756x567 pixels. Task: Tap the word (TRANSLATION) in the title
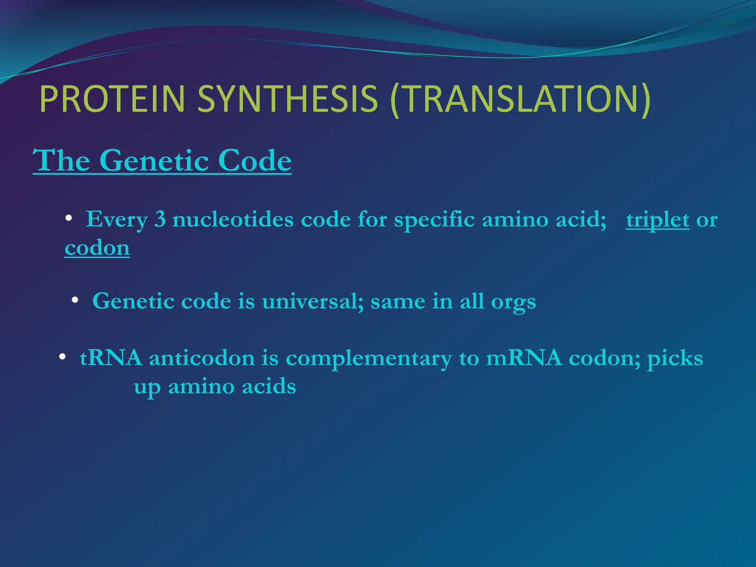click(520, 100)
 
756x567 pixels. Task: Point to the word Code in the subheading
click(255, 161)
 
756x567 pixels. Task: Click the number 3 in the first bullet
click(159, 220)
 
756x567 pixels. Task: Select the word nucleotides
click(233, 220)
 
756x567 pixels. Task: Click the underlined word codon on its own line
click(97, 248)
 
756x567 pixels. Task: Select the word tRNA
click(111, 358)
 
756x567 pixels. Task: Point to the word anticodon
click(202, 358)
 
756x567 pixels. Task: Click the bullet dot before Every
click(68, 219)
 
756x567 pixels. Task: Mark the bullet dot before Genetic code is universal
click(75, 300)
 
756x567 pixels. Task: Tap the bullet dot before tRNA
click(62, 357)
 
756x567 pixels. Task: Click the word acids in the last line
click(269, 387)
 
